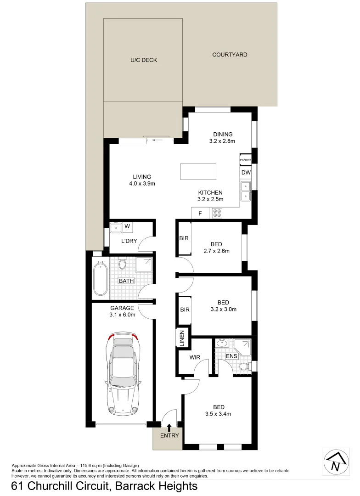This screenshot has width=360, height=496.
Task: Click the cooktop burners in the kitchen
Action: (217, 213)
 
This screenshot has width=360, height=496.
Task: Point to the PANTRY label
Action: (245, 160)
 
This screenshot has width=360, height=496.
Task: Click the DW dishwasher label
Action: (245, 173)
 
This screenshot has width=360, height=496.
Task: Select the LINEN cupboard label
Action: (182, 338)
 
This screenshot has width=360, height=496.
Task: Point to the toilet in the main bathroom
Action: (122, 265)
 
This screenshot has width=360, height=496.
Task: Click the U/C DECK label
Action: (143, 60)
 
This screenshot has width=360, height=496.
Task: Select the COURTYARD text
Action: (230, 55)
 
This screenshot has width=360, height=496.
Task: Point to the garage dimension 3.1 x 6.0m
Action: (122, 315)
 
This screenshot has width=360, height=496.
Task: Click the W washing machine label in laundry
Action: (127, 226)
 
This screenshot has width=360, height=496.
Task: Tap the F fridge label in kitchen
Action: (200, 213)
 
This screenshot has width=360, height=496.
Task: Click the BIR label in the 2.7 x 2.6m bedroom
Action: (184, 238)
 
